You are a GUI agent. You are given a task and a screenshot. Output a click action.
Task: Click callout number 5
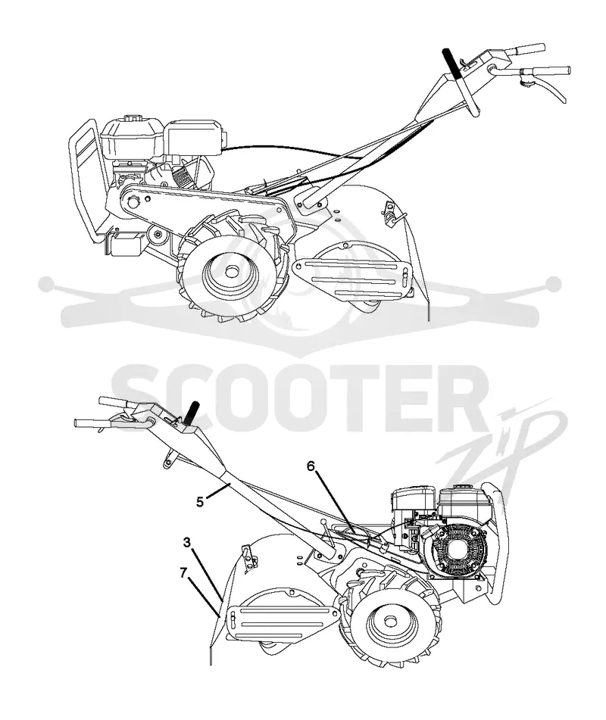coord(200,501)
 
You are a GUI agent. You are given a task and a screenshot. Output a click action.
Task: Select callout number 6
coord(311,466)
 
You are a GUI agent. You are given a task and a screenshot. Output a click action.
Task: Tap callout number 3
coord(186,542)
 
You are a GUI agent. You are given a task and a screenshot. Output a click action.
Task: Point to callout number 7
coord(183,572)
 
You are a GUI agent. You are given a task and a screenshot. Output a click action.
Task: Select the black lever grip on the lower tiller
coord(192,413)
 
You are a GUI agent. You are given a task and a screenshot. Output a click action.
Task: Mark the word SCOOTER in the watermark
coord(294,398)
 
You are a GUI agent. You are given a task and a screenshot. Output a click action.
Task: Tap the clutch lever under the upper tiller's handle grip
coord(549,86)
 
